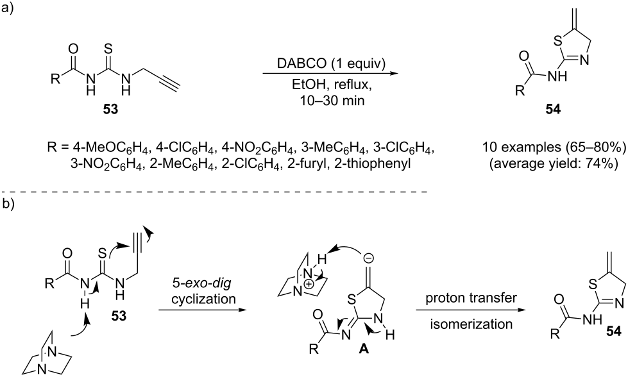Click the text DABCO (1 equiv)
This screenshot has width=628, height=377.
point(331,65)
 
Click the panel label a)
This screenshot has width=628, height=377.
point(8,8)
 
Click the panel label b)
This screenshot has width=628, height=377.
point(8,204)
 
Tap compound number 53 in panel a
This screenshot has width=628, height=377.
point(110,109)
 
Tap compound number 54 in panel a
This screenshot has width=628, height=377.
point(553,109)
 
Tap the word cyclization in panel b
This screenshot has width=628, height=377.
point(203,299)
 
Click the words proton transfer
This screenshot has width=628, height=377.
point(471,297)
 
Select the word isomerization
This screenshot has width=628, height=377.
point(471,323)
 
